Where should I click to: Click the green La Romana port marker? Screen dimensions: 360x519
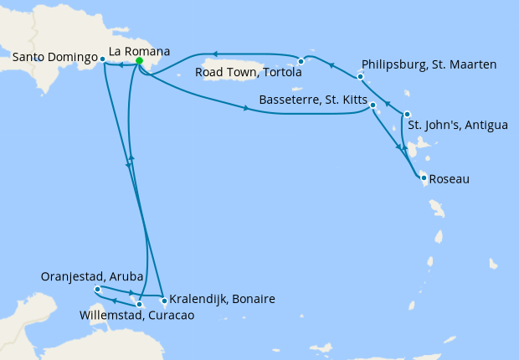coord(139,61)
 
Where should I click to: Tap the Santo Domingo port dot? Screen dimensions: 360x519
coord(102,59)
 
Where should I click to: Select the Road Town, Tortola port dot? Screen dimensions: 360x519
coord(301,61)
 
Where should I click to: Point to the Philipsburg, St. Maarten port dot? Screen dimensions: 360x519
coord(360,77)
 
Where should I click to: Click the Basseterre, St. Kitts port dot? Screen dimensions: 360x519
coord(373,105)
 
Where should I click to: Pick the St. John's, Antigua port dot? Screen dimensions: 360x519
coord(407,114)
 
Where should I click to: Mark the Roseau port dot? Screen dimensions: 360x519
coord(424,177)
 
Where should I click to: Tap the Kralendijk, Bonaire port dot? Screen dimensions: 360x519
coord(163,300)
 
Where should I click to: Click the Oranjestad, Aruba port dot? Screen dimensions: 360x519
coord(98,289)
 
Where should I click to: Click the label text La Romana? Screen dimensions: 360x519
coord(140,52)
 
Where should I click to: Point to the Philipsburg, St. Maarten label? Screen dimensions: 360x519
coord(430,64)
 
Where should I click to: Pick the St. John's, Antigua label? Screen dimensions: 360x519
coord(458,126)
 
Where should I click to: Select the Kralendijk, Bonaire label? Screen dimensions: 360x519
coord(222,299)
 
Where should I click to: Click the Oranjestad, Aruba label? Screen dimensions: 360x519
coord(91,277)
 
